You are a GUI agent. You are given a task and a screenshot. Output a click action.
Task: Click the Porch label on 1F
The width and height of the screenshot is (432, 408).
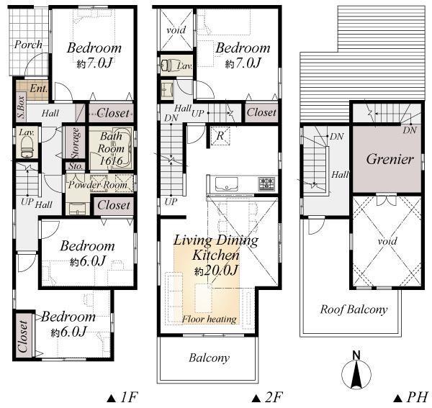pos(28,45)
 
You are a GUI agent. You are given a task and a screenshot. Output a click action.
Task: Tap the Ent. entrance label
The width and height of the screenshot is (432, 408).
pos(38,89)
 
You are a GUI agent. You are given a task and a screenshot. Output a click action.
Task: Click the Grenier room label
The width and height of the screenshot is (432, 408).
pos(389,159)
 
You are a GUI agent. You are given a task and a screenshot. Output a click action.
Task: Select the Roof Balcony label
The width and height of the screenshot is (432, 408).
pos(354,310)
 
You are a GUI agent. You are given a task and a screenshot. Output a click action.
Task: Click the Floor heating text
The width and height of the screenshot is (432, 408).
pos(210,318)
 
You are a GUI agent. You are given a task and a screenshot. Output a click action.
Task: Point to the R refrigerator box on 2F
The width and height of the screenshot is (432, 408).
pos(218,135)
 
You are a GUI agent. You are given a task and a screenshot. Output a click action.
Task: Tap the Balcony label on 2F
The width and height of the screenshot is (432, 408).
pos(209,358)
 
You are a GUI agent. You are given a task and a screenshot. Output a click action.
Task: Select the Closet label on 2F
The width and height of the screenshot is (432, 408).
pos(261,113)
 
